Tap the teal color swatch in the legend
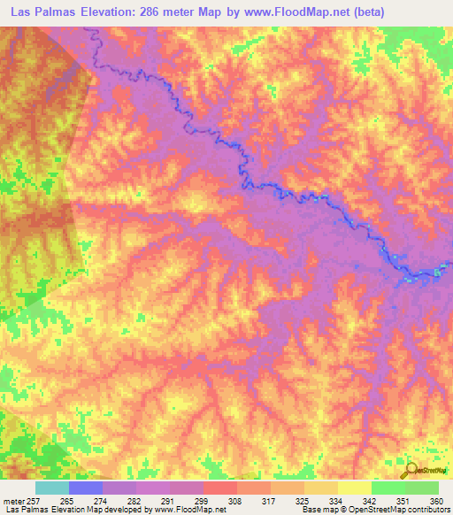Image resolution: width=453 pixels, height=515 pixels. point(52,488)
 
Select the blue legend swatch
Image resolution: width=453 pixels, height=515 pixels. point(86,488)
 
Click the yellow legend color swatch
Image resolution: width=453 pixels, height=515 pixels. point(354,488)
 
